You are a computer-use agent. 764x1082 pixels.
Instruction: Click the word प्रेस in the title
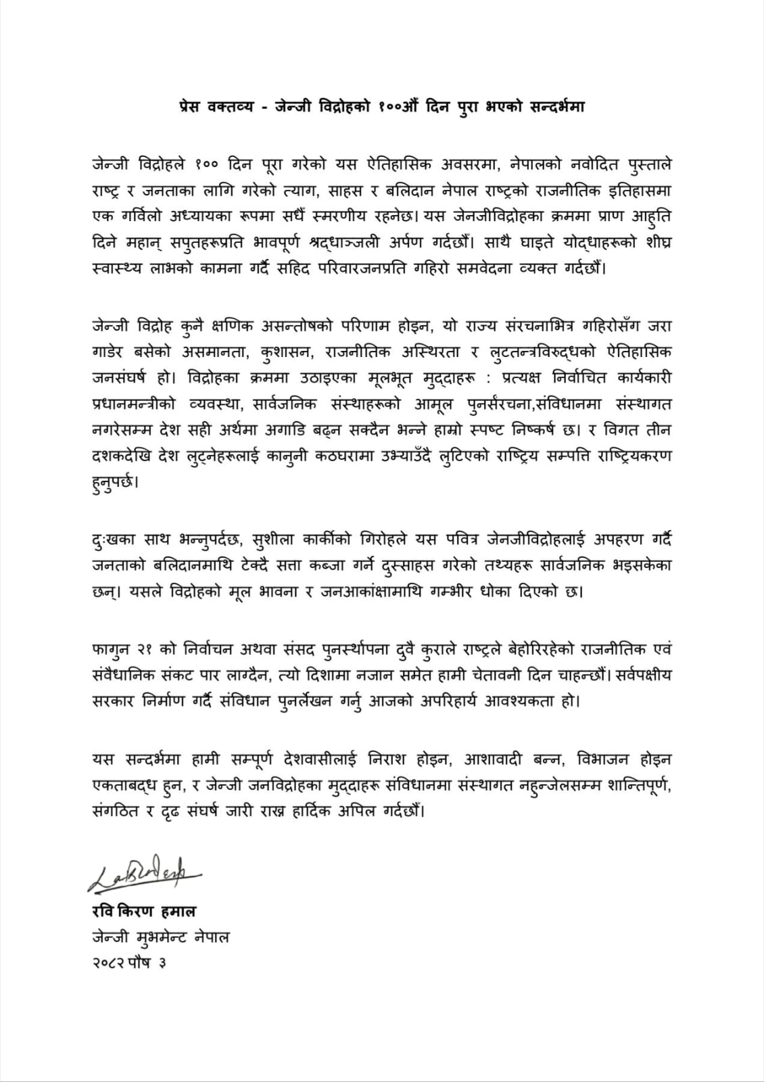(195, 108)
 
